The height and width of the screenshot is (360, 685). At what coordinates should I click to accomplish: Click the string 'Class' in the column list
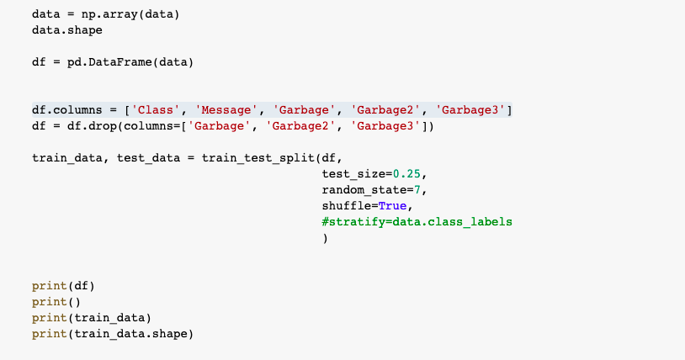point(156,110)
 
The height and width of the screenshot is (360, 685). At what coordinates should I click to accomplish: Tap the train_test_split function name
point(258,158)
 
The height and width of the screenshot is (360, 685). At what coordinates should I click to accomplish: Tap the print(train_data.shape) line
point(113,334)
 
